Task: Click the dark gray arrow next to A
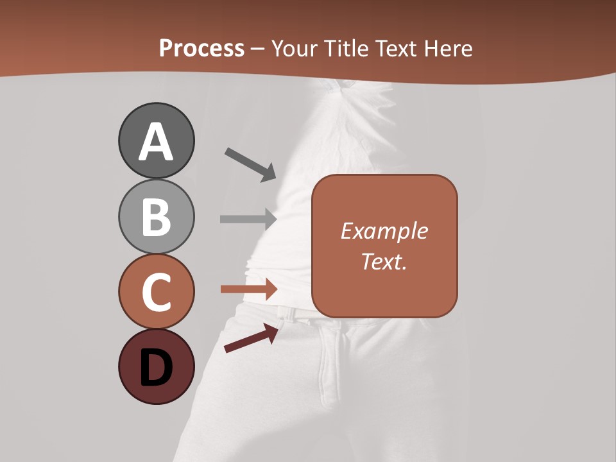tap(250, 164)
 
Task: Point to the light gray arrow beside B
tap(248, 219)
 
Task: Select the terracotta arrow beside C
tap(248, 289)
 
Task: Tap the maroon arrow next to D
tap(251, 338)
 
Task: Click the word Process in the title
tap(201, 49)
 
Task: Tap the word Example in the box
tap(384, 231)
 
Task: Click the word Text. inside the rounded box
tap(384, 261)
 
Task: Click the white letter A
tap(156, 142)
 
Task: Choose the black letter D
tap(156, 368)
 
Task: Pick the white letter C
tap(156, 292)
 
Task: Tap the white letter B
tap(156, 217)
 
